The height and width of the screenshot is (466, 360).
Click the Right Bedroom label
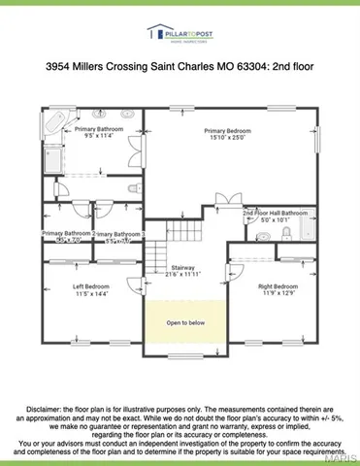(x=278, y=286)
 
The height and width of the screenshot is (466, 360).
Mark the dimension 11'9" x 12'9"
(x=278, y=294)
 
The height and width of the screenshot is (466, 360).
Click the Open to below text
(x=183, y=321)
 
